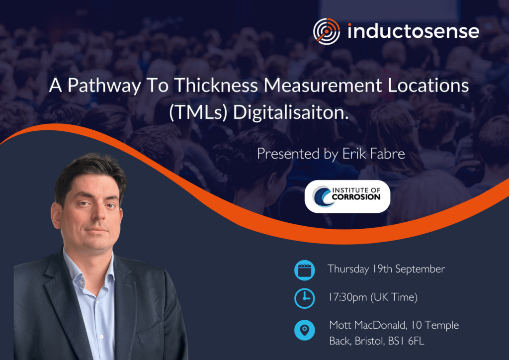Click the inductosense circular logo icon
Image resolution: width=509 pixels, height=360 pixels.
click(327, 31)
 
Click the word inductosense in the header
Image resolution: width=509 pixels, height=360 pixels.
click(413, 31)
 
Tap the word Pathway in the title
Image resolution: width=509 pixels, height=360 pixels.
click(104, 86)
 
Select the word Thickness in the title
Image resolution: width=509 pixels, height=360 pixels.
click(216, 85)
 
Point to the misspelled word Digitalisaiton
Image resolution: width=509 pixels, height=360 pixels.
click(290, 112)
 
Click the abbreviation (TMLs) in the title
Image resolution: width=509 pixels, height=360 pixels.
click(198, 113)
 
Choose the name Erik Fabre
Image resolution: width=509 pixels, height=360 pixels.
click(373, 154)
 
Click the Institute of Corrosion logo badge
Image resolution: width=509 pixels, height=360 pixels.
click(347, 196)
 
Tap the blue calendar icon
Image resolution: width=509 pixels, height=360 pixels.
click(305, 270)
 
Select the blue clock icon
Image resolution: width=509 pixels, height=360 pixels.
click(305, 298)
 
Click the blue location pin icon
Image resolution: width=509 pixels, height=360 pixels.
click(305, 330)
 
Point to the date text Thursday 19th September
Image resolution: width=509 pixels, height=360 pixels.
click(386, 269)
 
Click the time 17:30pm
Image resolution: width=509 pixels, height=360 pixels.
click(347, 297)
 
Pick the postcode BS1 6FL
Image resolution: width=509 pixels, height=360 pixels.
click(406, 341)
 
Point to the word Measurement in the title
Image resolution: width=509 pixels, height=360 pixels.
click(323, 85)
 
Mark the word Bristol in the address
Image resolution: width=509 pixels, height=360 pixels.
click(370, 341)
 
